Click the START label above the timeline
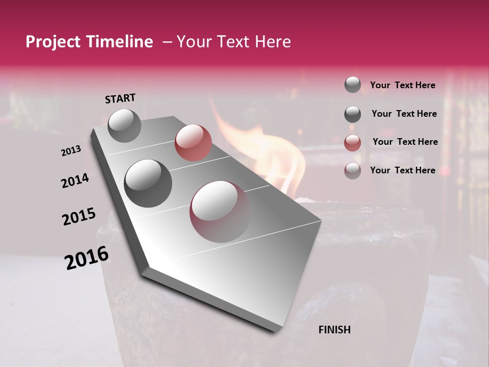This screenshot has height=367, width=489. tap(120, 98)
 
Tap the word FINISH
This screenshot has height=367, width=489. tap(334, 330)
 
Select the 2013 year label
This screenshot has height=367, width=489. tap(71, 151)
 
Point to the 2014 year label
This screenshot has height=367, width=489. tap(75, 181)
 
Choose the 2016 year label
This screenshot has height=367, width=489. tap(87, 258)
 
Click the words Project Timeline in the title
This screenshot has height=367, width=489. tap(89, 42)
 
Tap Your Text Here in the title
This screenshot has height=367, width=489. tap(233, 42)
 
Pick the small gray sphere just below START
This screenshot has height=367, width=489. tap(124, 125)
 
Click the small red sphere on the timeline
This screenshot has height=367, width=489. tap(193, 142)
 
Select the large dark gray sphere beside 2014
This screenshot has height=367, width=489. tap(148, 183)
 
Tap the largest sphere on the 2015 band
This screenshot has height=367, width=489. tap(220, 211)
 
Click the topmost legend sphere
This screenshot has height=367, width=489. tap(352, 85)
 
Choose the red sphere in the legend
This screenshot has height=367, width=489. tap(352, 142)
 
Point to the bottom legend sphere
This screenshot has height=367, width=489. tap(352, 171)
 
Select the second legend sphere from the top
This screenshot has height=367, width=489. tap(352, 114)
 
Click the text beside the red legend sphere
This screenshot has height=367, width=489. tap(405, 142)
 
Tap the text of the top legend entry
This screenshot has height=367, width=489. tap(402, 85)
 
